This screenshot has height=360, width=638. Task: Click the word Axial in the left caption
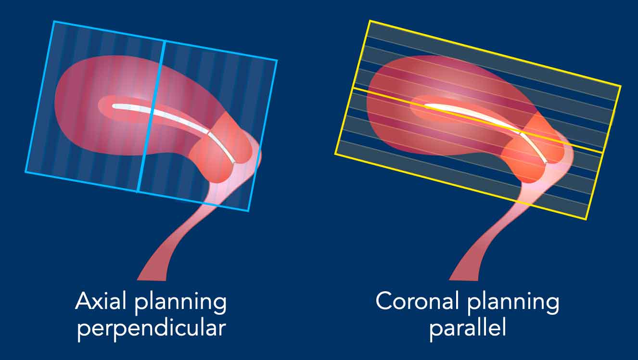[x=101, y=301]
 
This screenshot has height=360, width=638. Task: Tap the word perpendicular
[x=152, y=328]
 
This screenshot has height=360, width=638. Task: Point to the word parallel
[x=468, y=328]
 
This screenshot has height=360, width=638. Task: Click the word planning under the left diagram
[x=180, y=302]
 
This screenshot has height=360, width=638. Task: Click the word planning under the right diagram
[x=513, y=302]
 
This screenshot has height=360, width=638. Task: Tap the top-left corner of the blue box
[x=54, y=21]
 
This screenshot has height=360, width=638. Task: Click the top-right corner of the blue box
[x=277, y=60]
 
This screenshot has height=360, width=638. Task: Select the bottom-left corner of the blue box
[x=26, y=172]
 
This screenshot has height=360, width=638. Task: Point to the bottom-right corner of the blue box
[x=249, y=211]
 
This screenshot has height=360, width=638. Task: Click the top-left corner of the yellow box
[x=370, y=21]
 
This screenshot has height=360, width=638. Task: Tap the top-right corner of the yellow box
[x=621, y=86]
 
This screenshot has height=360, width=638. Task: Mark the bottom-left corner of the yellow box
[x=335, y=154]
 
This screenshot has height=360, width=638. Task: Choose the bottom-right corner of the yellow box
[x=586, y=219]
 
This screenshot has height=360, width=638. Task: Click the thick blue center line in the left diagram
[x=151, y=116]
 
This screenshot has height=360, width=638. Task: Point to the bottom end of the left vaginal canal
[x=152, y=280]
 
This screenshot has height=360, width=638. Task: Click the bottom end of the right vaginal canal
[x=464, y=280]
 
